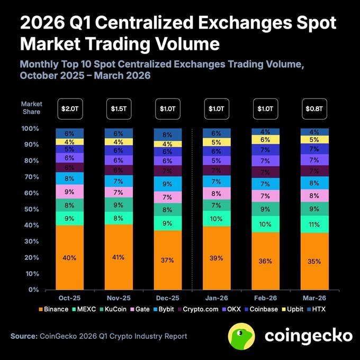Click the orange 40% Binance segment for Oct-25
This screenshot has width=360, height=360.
click(x=69, y=258)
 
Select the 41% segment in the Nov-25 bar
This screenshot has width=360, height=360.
click(x=118, y=257)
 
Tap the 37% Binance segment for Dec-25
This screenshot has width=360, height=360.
click(x=167, y=260)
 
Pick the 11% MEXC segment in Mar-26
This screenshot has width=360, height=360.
click(x=314, y=224)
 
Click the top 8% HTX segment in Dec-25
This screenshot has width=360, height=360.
click(x=167, y=134)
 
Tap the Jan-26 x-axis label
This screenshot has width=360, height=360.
click(x=216, y=299)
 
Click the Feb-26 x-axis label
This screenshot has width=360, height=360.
click(x=265, y=299)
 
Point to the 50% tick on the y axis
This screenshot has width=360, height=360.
click(x=30, y=209)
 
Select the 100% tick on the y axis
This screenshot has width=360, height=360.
click(x=29, y=129)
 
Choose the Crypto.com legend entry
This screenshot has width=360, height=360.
click(x=197, y=309)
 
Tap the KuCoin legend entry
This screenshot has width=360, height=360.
click(x=118, y=309)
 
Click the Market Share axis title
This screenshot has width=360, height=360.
click(x=32, y=108)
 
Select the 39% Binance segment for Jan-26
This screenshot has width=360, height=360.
click(x=216, y=258)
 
